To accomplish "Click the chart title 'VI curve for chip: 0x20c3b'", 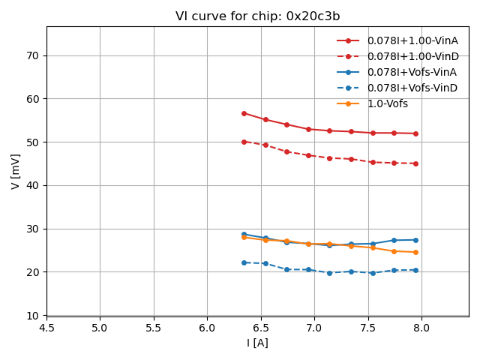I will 257,16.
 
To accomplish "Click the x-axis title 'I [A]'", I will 257,343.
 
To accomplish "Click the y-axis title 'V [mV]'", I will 16,171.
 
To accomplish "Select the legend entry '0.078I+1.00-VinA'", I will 412,40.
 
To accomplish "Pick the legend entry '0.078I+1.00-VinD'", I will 412,56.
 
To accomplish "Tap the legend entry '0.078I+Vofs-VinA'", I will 412,72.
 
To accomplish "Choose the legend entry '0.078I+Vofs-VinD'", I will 412,88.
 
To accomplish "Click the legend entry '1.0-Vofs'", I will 387,103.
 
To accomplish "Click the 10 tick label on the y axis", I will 33,315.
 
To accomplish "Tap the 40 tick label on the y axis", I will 33,185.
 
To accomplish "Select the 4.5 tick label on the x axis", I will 46,328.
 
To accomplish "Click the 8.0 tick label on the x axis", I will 421,328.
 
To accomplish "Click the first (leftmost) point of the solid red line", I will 244,113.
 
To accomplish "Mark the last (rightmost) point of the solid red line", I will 415,133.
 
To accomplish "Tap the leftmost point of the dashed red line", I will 244,142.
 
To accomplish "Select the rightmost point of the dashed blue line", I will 415,270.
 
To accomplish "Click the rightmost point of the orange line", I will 415,252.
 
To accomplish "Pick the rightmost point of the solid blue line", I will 415,240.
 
